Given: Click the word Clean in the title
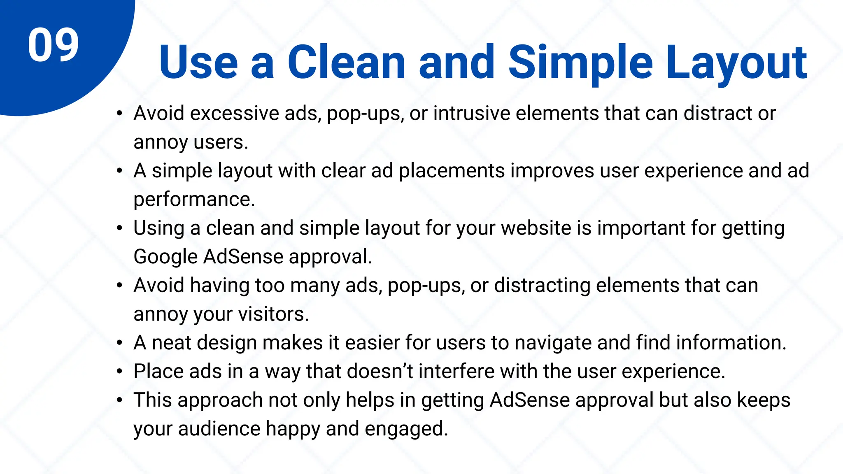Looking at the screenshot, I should tap(347, 63).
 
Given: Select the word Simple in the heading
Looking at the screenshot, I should tap(580, 63).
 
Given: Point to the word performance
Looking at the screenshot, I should tap(194, 200).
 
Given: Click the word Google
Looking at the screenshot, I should tap(165, 257).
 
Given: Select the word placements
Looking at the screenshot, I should tap(452, 171).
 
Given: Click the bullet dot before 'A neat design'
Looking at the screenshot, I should tap(119, 343).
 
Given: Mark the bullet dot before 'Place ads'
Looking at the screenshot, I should tap(119, 372).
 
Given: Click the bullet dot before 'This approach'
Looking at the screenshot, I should tap(119, 400).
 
